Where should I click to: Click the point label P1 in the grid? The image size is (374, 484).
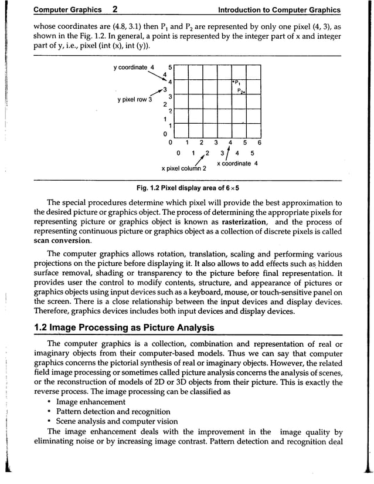(237, 82)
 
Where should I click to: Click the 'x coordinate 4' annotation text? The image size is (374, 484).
(237, 163)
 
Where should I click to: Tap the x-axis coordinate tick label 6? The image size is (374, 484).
(259, 142)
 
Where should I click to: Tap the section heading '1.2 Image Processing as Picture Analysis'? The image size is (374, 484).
(124, 327)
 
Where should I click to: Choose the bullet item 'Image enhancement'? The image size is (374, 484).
(90, 402)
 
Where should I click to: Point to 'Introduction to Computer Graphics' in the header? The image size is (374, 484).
(278, 10)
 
